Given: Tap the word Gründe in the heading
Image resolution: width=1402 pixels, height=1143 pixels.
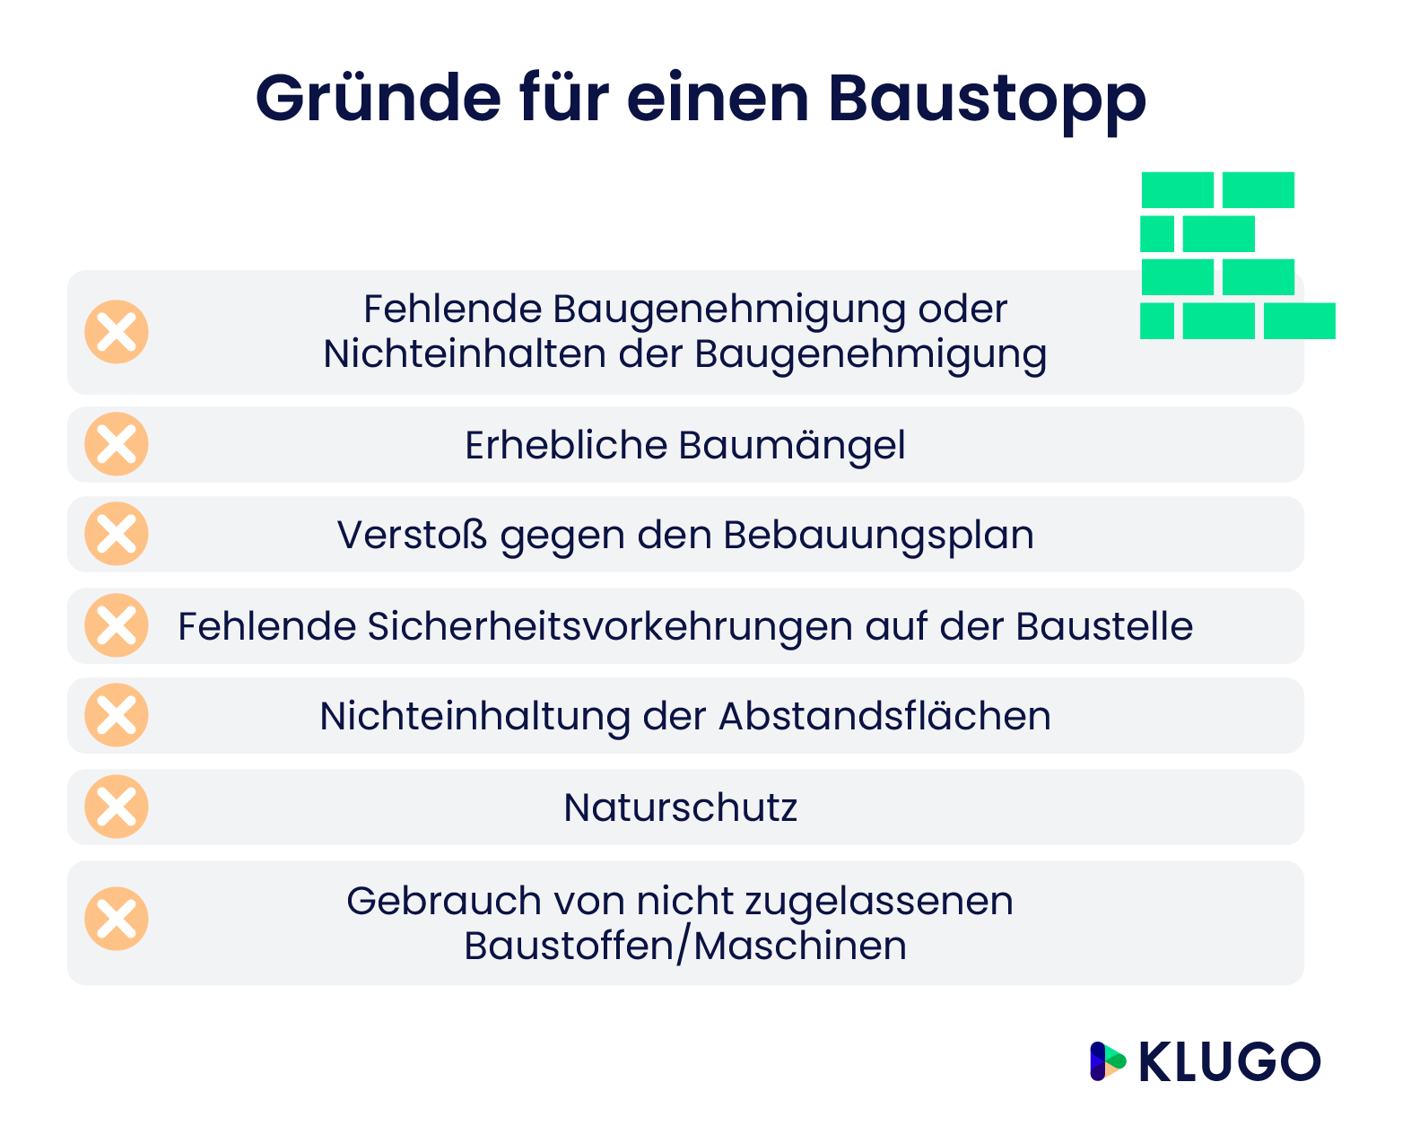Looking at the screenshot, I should point(378,97).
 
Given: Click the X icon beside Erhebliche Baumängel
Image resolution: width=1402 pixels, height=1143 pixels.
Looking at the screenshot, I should point(117,444).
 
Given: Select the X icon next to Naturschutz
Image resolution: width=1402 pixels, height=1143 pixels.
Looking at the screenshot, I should point(117,807).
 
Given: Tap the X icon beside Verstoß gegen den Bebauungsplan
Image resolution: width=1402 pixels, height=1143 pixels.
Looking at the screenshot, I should point(117,534).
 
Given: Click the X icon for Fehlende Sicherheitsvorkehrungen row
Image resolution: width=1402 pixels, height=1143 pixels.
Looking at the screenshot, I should point(117,625).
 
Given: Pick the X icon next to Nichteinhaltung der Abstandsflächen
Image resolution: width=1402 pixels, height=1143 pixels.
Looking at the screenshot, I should point(117,715).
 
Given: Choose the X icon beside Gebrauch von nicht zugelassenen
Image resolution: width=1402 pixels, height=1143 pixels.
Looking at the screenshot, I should point(117,919).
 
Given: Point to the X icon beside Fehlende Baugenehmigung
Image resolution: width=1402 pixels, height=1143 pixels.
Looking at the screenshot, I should point(117,332).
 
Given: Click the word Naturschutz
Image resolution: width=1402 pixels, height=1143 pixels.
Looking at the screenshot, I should point(680,807).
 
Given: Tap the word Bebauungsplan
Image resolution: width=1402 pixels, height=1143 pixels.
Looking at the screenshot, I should point(878,536).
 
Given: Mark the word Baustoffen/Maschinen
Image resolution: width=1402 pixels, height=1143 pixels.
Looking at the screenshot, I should point(684,946).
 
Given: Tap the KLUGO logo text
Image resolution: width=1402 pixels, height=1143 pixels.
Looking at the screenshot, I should point(1229,1062).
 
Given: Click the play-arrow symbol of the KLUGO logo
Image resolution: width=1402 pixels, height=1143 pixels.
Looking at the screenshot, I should point(1107,1061).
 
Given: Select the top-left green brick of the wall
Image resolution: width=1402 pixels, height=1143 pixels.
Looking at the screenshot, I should point(1177,190).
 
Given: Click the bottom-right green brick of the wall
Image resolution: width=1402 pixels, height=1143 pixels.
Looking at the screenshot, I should point(1299,321).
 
